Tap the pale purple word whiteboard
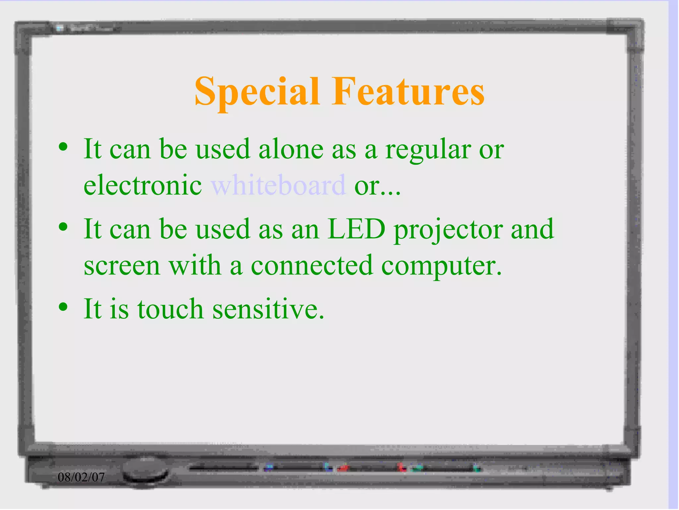click(x=278, y=185)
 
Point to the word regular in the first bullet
click(x=428, y=150)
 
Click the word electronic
click(x=143, y=185)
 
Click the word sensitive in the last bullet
click(x=268, y=309)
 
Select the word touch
click(x=170, y=309)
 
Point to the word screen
click(x=122, y=266)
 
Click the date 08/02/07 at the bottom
click(x=81, y=477)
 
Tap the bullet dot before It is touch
click(x=63, y=307)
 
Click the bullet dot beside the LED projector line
click(x=63, y=227)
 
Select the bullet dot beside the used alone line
click(x=63, y=147)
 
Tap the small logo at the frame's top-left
click(x=60, y=28)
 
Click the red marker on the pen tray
click(x=343, y=468)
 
